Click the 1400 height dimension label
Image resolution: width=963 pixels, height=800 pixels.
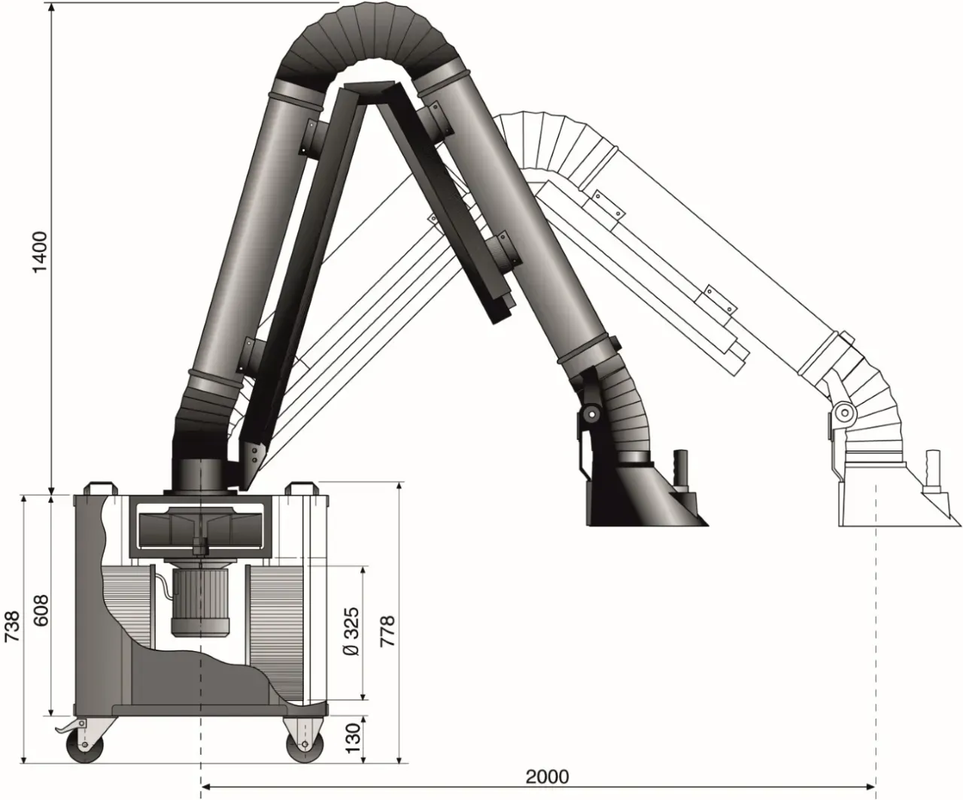41,252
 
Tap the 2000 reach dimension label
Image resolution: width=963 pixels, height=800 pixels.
548,777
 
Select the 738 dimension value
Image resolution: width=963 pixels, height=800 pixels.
12,626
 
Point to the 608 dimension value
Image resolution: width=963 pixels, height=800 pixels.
41,611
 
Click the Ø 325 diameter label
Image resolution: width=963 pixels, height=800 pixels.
351,632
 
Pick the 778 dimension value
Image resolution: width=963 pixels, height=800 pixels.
387,632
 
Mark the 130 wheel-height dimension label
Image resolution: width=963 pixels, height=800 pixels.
353,738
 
